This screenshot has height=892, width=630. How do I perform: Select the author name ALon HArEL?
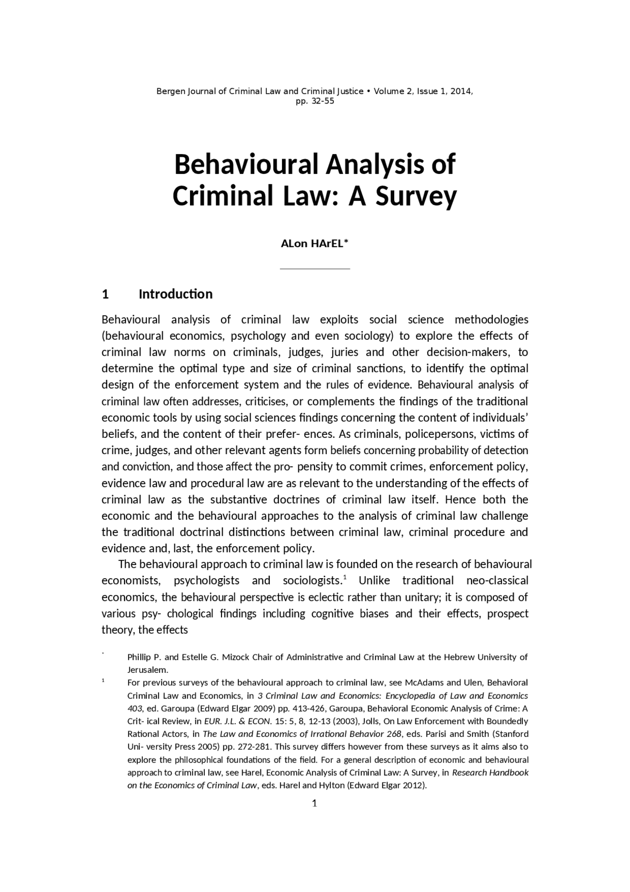tap(314, 244)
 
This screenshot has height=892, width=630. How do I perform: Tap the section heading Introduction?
tap(175, 294)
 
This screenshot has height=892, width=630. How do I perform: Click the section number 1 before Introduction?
tap(105, 294)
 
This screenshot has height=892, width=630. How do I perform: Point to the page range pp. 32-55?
tap(315, 101)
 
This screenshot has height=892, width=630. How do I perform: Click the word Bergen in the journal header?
tap(170, 92)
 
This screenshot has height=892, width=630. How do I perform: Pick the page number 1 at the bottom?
tap(315, 803)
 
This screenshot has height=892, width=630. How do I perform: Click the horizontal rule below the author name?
tap(315, 269)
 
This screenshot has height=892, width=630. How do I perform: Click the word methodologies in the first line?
tap(491, 320)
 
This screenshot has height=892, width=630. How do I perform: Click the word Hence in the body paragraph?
tap(460, 499)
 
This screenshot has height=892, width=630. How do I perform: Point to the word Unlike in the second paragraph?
tap(375, 581)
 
